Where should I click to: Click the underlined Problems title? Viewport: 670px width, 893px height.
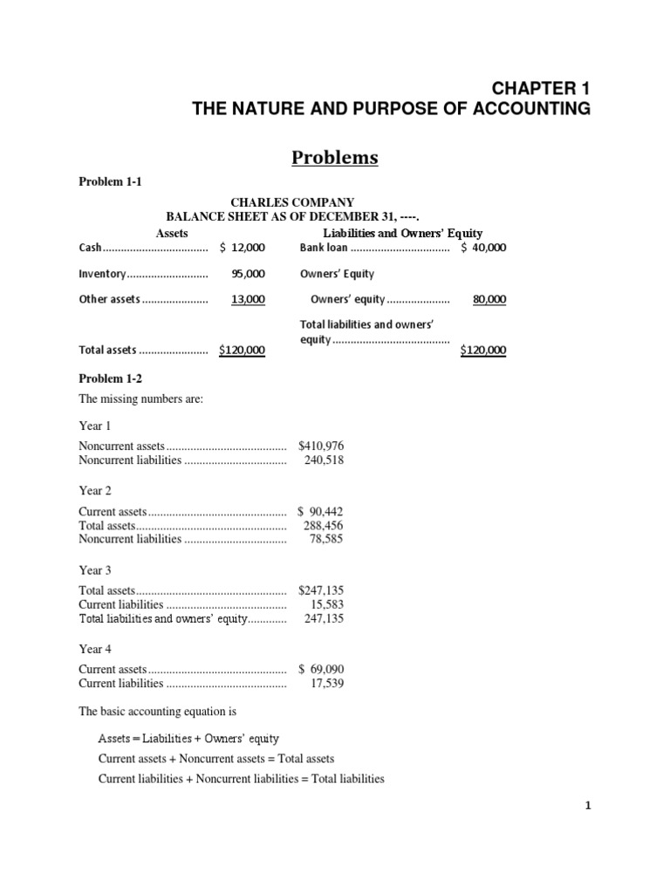point(335,157)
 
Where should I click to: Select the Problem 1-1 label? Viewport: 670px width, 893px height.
point(110,182)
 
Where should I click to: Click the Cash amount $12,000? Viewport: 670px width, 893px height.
point(243,248)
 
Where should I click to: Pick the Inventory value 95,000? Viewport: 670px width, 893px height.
point(249,274)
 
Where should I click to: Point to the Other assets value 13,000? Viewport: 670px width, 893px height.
point(249,299)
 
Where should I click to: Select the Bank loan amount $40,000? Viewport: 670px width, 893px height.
point(483,248)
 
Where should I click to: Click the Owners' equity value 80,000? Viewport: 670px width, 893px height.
point(489,299)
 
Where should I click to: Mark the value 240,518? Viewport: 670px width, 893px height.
point(324,460)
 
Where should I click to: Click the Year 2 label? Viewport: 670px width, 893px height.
point(95,490)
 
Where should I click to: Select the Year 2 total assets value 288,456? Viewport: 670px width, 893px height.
point(324,526)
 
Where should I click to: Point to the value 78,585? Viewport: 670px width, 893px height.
point(327,539)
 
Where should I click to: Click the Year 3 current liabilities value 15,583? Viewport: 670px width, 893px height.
point(327,604)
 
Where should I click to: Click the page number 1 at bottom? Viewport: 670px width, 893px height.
point(588,807)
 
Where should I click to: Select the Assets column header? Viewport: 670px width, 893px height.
point(172,233)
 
